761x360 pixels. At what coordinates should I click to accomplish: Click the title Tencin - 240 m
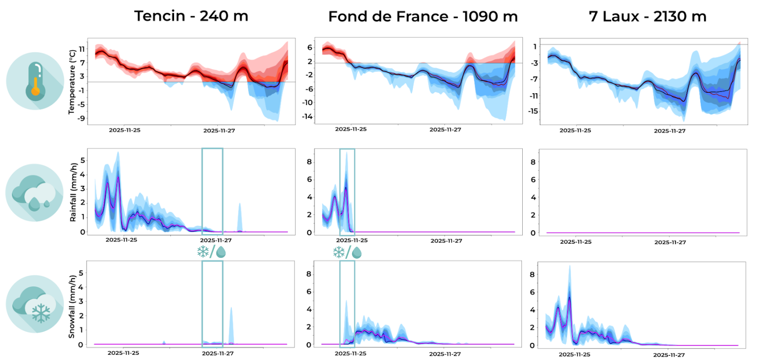point(191,16)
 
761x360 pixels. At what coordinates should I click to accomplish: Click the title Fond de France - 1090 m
point(422,17)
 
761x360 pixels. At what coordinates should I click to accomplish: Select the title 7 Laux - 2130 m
point(647,17)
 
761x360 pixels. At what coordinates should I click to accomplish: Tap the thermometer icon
point(35,81)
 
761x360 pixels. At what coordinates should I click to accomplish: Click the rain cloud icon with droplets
point(34,193)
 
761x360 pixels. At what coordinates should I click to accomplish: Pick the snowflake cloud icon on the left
point(35,304)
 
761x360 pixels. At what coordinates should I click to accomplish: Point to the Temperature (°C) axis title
point(72,82)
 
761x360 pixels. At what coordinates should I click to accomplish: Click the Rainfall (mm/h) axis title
point(73,192)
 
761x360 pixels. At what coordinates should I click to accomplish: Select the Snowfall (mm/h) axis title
point(72,307)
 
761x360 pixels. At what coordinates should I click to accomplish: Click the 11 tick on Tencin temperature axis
point(82,49)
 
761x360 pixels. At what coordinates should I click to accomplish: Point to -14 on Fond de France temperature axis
point(307,116)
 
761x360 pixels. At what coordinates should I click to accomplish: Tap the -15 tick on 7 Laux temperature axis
point(533,111)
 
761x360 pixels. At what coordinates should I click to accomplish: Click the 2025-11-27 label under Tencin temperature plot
point(219,130)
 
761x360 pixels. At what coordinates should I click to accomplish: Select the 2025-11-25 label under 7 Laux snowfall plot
point(574,354)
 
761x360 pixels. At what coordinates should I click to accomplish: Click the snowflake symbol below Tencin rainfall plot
point(203,252)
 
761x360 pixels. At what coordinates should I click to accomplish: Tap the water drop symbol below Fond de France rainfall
point(357,253)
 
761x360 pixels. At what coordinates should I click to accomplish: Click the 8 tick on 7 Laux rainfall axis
point(533,162)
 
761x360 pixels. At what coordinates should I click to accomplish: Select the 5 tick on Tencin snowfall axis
point(81,273)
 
